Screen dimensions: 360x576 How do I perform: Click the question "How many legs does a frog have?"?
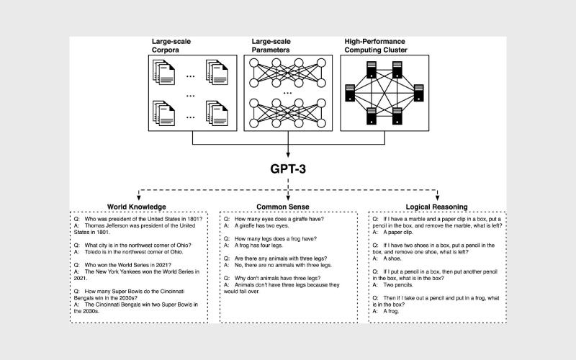click(x=276, y=238)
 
